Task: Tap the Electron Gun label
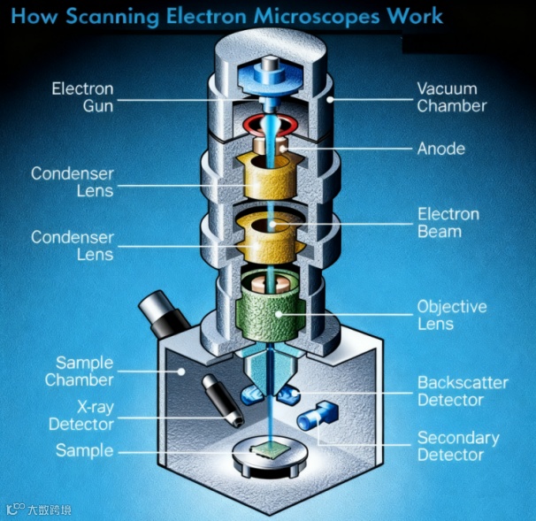pyautogui.click(x=82, y=97)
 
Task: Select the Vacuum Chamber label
pyautogui.click(x=452, y=97)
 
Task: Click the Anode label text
pyautogui.click(x=441, y=149)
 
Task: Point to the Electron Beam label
pyautogui.click(x=448, y=222)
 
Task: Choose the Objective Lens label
pyautogui.click(x=451, y=315)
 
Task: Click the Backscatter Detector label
pyautogui.click(x=463, y=391)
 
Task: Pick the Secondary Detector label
pyautogui.click(x=458, y=446)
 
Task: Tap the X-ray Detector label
pyautogui.click(x=81, y=416)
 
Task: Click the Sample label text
pyautogui.click(x=84, y=450)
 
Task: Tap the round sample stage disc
pyautogui.click(x=267, y=459)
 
